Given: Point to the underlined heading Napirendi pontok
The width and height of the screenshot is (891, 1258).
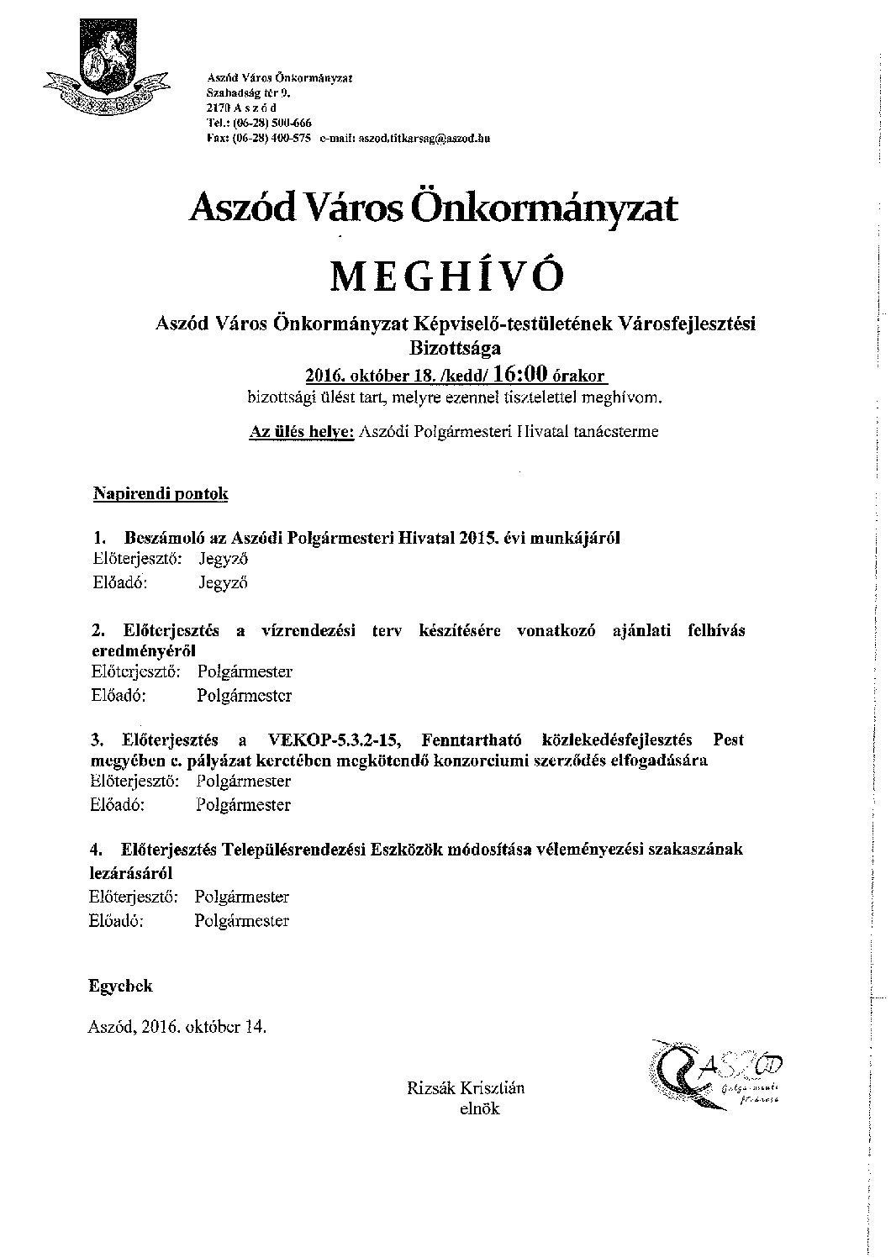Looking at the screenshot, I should click(x=160, y=494).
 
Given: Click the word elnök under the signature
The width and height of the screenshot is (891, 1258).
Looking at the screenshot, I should click(x=479, y=1109).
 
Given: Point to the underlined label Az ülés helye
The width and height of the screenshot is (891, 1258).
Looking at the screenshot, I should click(x=301, y=432).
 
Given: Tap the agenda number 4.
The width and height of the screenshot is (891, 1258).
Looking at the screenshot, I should click(x=98, y=850).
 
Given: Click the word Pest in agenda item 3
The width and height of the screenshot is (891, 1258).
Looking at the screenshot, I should click(x=727, y=740).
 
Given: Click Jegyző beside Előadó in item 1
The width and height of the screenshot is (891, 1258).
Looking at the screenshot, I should click(x=223, y=582).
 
